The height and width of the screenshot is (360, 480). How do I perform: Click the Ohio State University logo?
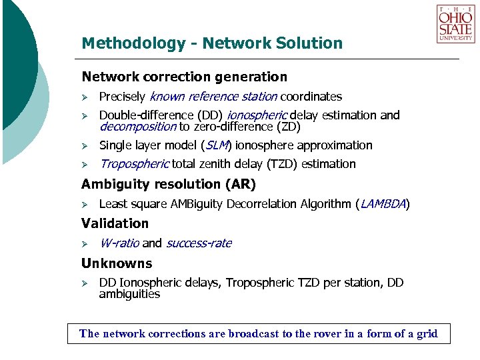(456, 24)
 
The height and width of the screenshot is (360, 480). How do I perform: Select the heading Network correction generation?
(184, 77)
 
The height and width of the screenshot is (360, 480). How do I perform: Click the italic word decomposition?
(137, 126)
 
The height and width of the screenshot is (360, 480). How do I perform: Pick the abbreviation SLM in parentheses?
(216, 145)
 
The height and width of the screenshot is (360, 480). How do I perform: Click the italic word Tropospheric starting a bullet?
(134, 164)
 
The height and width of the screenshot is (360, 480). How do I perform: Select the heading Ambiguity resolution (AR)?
(168, 184)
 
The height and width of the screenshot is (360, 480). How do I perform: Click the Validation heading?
(115, 223)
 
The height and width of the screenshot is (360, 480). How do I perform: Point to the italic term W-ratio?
(119, 243)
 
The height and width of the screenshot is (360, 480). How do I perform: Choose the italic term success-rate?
(199, 243)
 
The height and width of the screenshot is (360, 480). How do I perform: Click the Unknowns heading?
(117, 263)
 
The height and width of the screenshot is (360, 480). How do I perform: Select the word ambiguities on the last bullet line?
(129, 293)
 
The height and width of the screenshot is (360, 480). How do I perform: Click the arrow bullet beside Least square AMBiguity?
(85, 204)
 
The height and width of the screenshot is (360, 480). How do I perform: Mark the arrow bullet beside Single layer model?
(85, 145)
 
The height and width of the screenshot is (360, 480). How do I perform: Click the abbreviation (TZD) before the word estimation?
(283, 164)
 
